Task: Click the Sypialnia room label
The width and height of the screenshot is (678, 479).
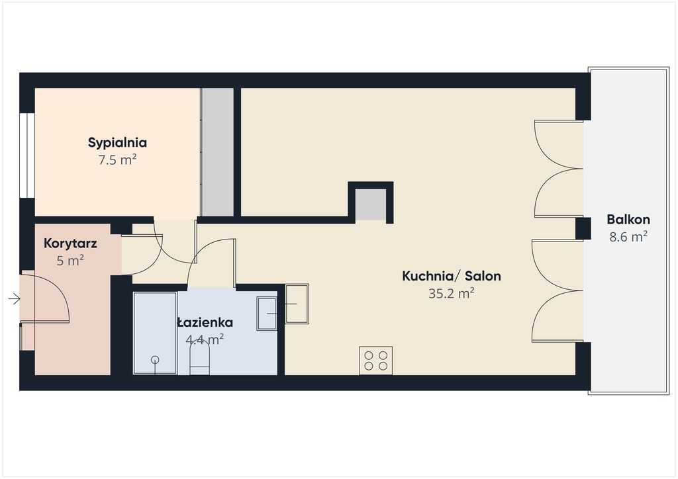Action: (x=117, y=143)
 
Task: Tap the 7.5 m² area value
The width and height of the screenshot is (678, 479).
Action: (x=117, y=160)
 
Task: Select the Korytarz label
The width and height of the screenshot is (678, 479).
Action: (x=70, y=243)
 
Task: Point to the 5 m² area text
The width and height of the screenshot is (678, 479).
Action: (x=70, y=261)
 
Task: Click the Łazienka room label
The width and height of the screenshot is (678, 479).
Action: (x=205, y=323)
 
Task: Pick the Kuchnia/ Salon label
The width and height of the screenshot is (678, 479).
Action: (x=452, y=276)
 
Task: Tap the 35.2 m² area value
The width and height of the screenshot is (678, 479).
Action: (x=452, y=294)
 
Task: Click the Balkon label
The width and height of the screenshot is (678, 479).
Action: (x=628, y=220)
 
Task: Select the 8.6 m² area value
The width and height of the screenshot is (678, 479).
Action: (x=628, y=237)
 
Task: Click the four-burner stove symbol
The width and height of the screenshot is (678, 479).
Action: (x=376, y=361)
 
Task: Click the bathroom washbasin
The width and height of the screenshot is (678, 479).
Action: (x=267, y=314)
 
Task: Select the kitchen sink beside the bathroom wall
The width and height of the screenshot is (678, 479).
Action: (x=297, y=304)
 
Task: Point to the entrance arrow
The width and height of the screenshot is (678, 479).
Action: (x=15, y=298)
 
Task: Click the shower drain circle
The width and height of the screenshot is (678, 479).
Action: (x=155, y=360)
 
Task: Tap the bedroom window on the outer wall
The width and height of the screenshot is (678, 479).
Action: (x=27, y=155)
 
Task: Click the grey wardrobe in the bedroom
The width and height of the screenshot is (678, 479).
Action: (x=217, y=152)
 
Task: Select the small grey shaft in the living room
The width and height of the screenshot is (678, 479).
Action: (x=371, y=204)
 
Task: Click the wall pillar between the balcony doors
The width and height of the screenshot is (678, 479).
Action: (x=583, y=228)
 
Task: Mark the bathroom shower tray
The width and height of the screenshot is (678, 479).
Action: (x=155, y=333)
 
